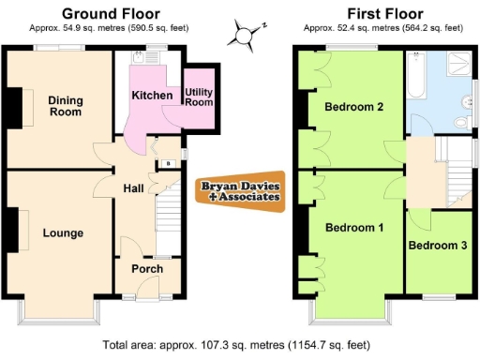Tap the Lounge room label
click(63, 232)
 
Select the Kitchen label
click(151, 96)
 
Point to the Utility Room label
click(199, 96)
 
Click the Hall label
click(133, 188)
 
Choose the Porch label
click(147, 269)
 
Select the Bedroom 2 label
click(353, 107)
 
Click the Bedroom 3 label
click(438, 246)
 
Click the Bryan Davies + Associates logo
click(240, 191)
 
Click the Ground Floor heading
click(110, 14)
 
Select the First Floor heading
click(383, 14)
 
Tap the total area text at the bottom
click(240, 344)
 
